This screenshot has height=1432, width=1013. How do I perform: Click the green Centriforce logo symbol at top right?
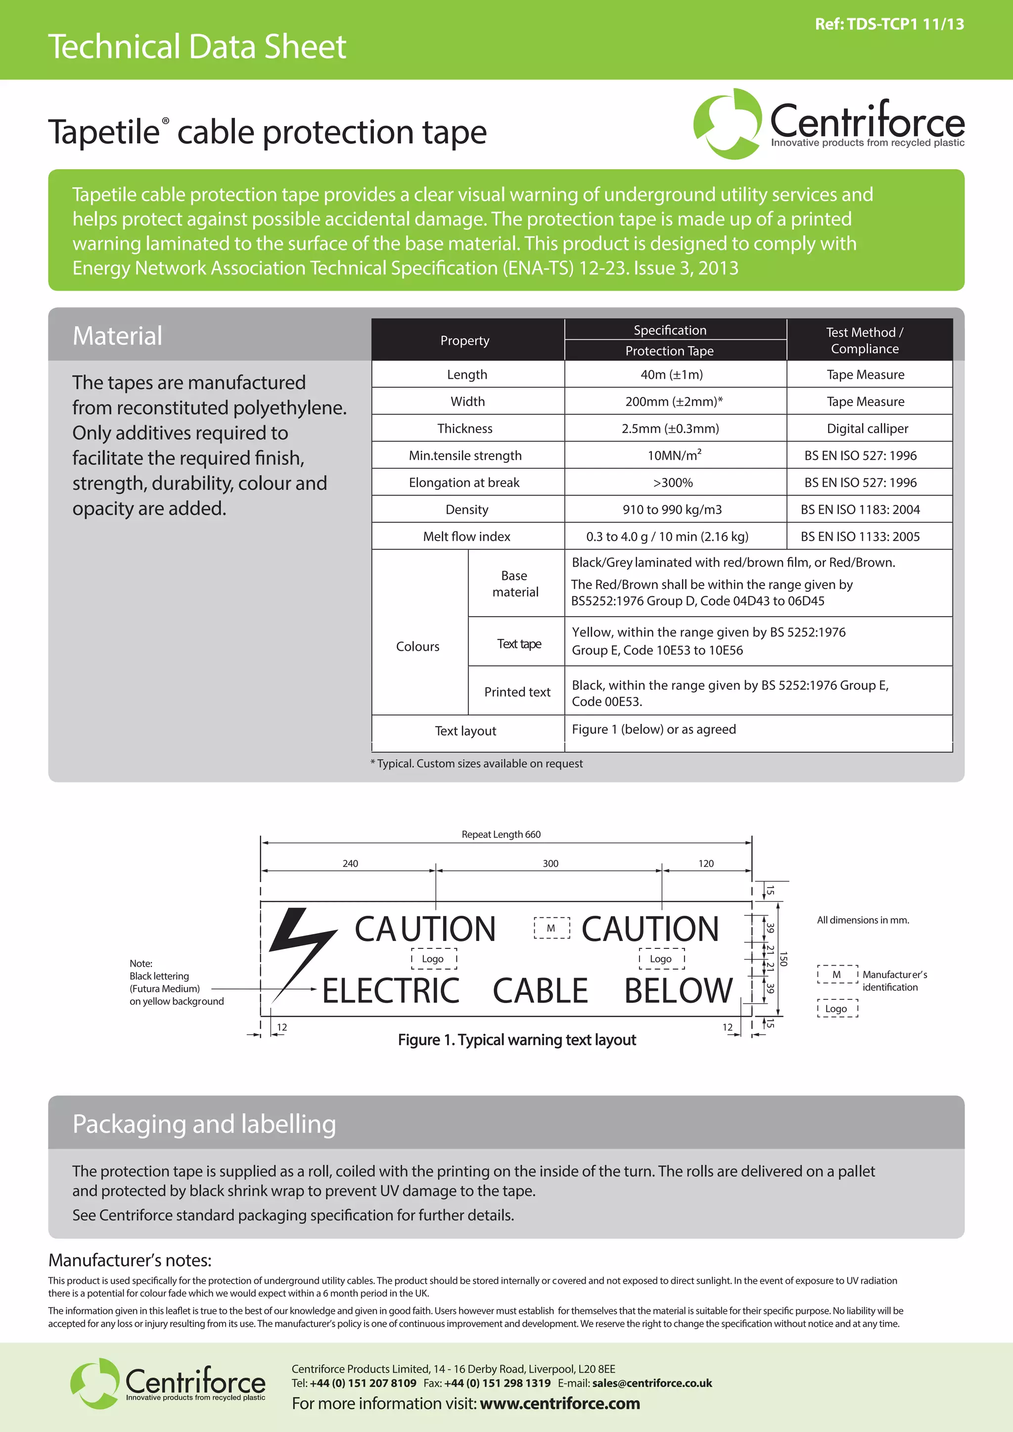click(727, 124)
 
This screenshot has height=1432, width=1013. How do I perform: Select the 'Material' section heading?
click(117, 336)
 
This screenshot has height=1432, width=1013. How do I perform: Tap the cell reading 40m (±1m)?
click(671, 375)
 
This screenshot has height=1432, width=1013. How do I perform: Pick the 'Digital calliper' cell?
click(867, 429)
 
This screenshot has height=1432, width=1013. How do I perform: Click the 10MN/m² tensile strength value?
click(674, 455)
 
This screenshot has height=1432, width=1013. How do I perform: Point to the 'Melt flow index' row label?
click(466, 537)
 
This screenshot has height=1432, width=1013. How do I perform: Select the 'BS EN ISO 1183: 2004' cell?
click(860, 510)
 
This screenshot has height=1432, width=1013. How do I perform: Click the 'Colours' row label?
click(417, 647)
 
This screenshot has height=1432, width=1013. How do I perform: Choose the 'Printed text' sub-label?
click(517, 692)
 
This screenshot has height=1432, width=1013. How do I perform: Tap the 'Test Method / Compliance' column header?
click(865, 341)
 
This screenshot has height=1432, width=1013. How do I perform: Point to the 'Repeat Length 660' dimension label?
click(501, 835)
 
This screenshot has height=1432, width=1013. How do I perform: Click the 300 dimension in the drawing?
click(550, 864)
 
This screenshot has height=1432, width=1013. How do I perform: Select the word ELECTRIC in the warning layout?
click(391, 991)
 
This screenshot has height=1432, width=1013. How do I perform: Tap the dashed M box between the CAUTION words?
click(552, 928)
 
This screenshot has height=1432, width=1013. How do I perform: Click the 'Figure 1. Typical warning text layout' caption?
click(516, 1040)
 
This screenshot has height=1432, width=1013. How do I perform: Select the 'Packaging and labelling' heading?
click(204, 1124)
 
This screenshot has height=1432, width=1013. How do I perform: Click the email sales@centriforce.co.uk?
click(652, 1383)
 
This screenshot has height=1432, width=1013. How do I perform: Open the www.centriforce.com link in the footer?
click(559, 1403)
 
